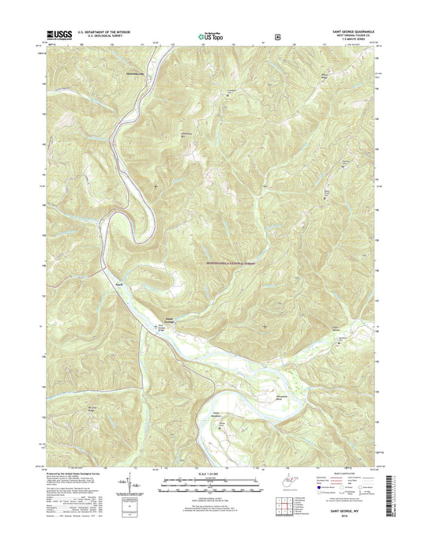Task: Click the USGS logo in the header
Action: click(x=60, y=34)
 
